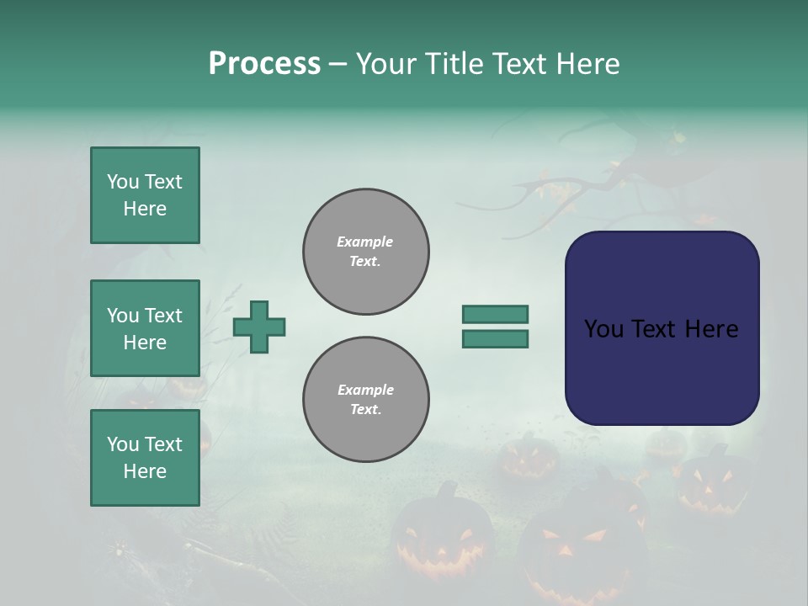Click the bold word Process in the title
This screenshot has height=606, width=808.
pyautogui.click(x=264, y=64)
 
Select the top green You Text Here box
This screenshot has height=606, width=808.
pyautogui.click(x=145, y=195)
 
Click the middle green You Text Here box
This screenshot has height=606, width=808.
pyautogui.click(x=145, y=328)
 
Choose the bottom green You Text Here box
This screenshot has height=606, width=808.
pyautogui.click(x=145, y=458)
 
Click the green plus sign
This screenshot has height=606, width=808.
pyautogui.click(x=259, y=327)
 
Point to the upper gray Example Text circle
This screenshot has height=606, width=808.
pyautogui.click(x=365, y=252)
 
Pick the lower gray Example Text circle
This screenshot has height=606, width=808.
pyautogui.click(x=365, y=400)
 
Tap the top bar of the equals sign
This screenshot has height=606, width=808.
pyautogui.click(x=495, y=314)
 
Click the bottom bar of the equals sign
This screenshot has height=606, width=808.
pyautogui.click(x=495, y=339)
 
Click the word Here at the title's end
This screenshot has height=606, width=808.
pyautogui.click(x=587, y=64)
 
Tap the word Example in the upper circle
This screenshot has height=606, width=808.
pyautogui.click(x=364, y=242)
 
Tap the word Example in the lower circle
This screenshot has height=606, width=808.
pyautogui.click(x=365, y=390)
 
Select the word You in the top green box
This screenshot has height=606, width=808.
pyautogui.click(x=123, y=182)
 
